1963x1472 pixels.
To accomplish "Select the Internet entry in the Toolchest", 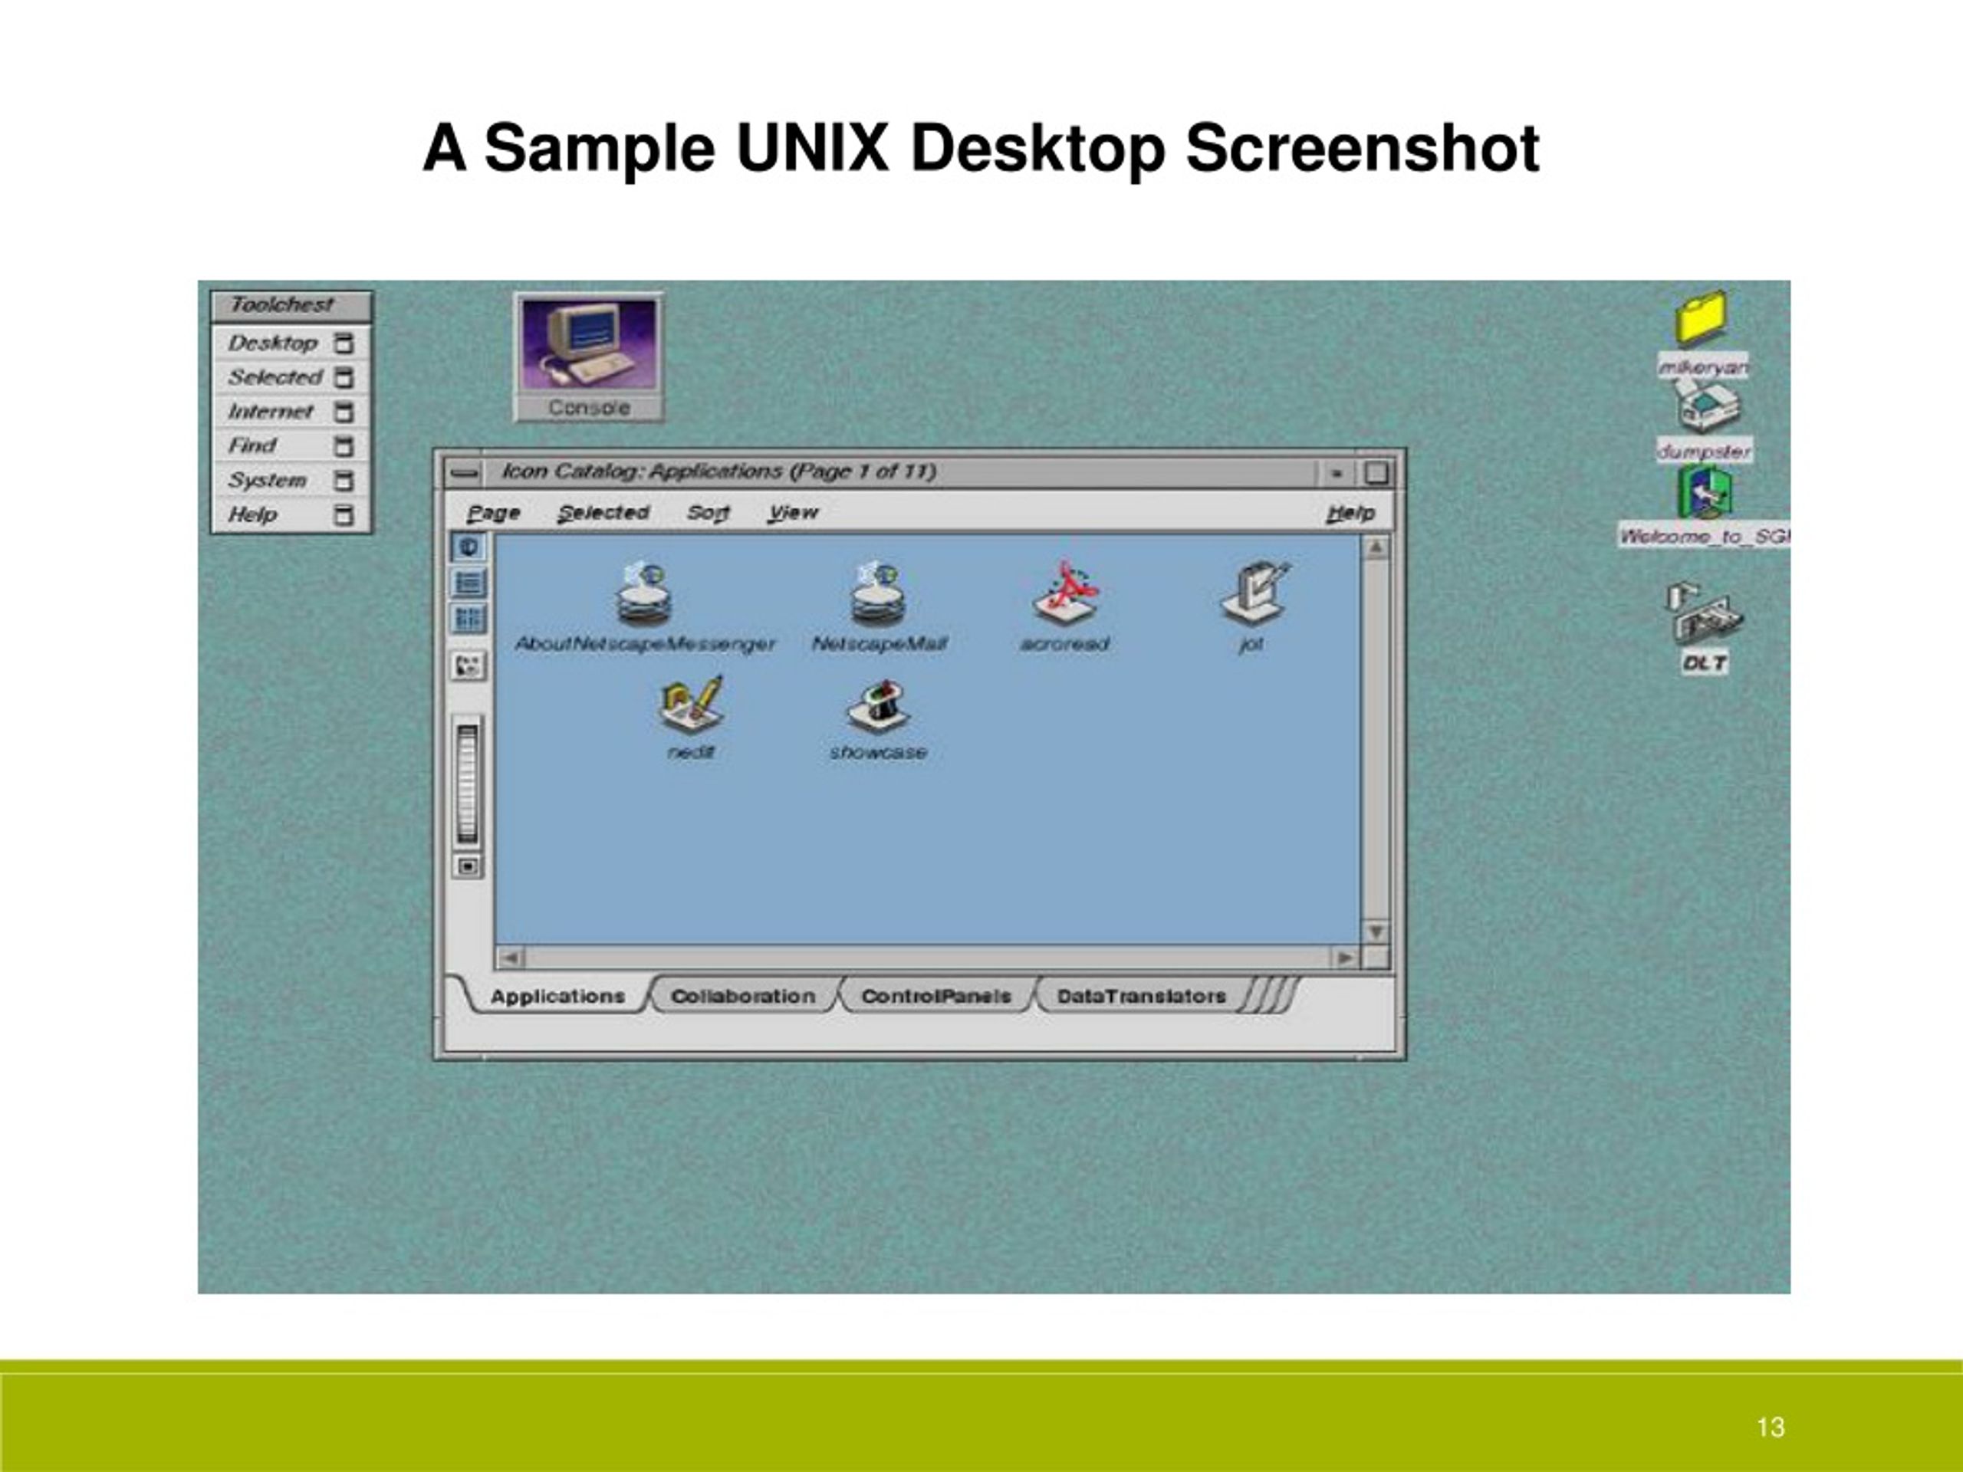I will click(271, 412).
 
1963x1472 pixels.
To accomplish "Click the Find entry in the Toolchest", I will click(253, 445).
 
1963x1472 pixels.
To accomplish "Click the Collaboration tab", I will click(743, 997).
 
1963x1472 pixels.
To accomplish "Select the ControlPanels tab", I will click(936, 997).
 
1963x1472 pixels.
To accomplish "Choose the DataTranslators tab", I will click(1141, 997).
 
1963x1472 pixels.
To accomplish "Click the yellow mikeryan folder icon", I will click(1702, 317).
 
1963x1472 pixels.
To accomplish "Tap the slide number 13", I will click(1770, 1427).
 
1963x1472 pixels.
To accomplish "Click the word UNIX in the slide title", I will click(811, 148).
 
